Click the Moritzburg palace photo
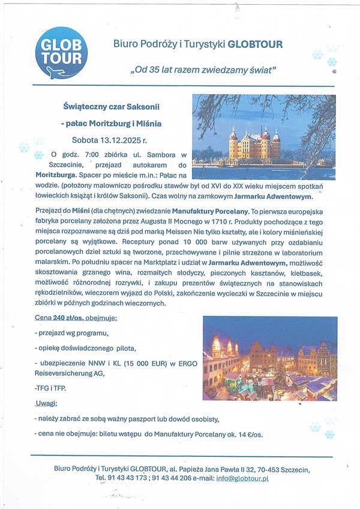[263, 137]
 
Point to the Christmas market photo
[269, 358]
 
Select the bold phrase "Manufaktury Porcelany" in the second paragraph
[209, 212]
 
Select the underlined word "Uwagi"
[46, 403]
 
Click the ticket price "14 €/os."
[250, 433]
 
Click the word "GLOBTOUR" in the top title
[255, 44]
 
